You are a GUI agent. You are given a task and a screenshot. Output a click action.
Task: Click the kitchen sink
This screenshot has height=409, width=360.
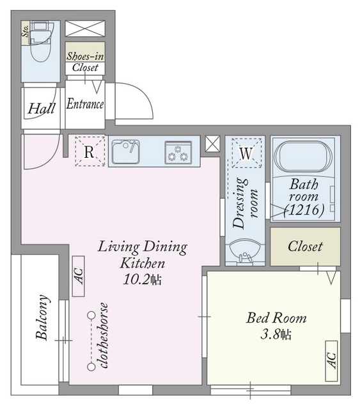point(125,152)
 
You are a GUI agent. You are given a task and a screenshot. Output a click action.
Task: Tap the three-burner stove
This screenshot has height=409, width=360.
point(178,153)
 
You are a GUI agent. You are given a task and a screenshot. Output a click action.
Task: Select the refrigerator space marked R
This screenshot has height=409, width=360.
point(90,151)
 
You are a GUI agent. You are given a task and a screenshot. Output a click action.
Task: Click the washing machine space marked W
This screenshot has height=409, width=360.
point(246,153)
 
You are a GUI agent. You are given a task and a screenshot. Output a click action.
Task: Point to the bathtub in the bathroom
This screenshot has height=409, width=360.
point(304,157)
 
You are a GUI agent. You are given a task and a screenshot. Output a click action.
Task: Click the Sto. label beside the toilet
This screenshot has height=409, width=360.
point(26,31)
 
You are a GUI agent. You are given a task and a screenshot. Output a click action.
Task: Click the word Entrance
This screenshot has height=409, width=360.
point(85,104)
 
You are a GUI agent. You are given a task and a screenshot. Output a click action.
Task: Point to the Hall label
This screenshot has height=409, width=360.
point(42,108)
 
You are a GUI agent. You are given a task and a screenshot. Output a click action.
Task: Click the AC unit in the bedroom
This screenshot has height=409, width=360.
point(331,360)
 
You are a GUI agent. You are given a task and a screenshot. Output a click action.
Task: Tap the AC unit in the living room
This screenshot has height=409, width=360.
point(78,276)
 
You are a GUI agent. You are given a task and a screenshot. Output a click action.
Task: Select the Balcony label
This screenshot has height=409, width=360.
point(42,317)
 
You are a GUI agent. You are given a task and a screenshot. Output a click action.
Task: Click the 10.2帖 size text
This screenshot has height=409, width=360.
point(143,280)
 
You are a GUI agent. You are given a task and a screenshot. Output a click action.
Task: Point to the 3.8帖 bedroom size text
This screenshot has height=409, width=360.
point(276,334)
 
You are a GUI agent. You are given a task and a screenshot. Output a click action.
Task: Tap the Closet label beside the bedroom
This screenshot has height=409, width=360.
point(305,246)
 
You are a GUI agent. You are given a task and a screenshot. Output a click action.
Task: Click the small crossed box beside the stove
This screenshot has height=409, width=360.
point(212,144)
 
